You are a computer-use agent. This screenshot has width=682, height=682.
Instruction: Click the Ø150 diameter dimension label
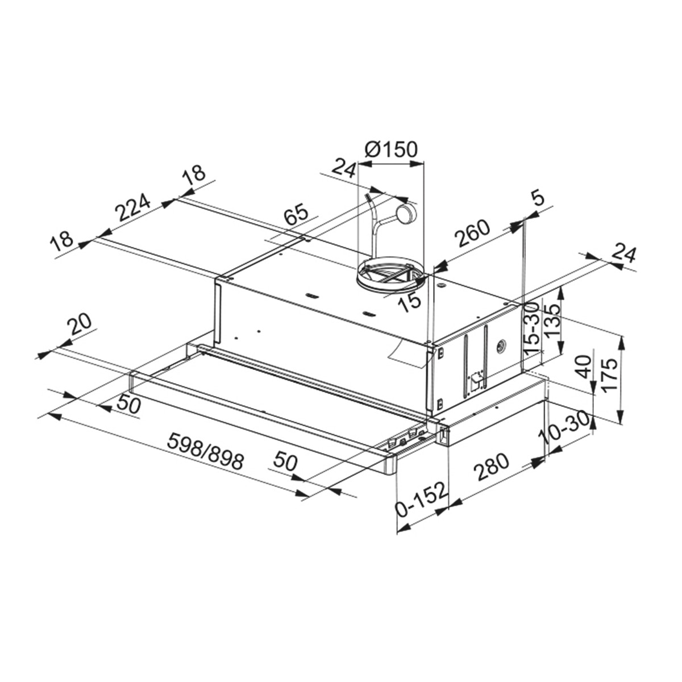tap(390, 149)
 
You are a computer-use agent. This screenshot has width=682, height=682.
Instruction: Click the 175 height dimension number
tap(610, 375)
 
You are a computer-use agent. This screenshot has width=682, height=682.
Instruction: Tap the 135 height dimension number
tap(551, 321)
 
